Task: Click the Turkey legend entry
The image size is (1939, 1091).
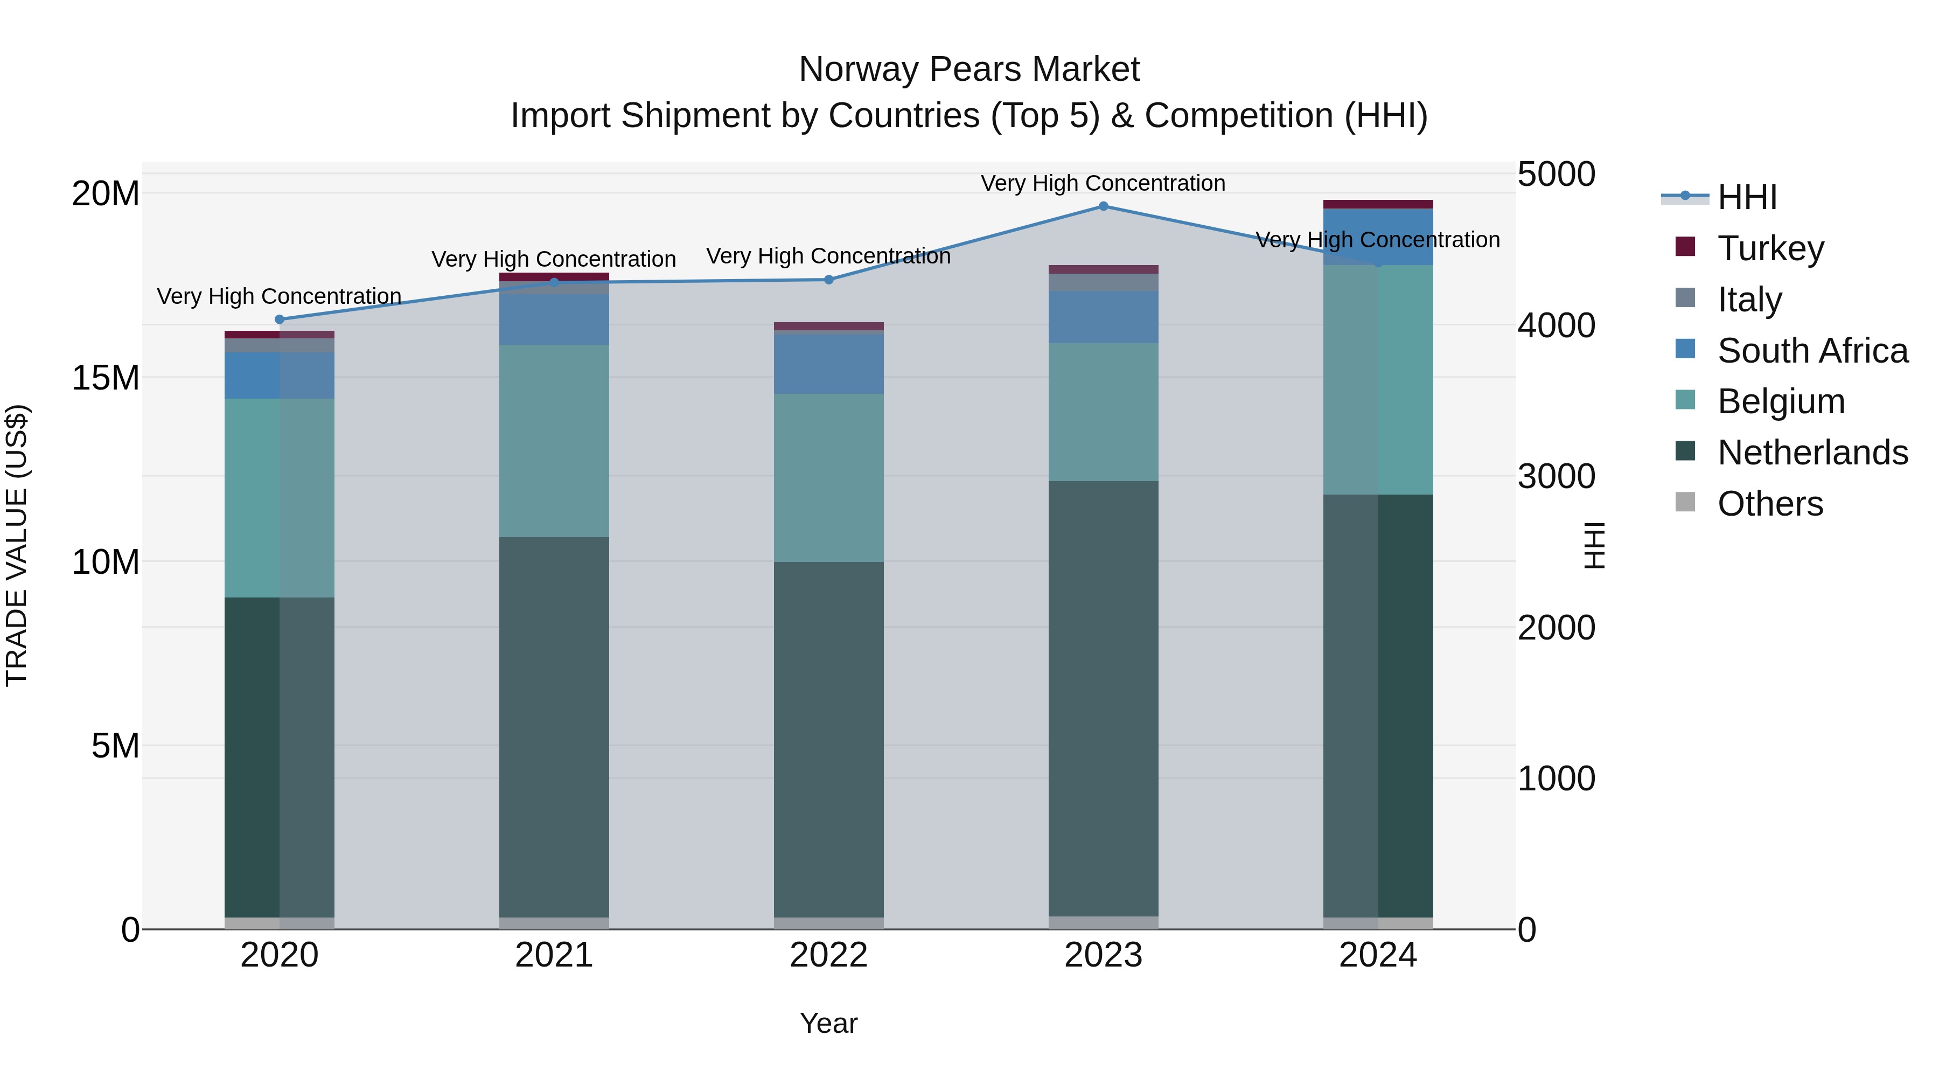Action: tap(1770, 248)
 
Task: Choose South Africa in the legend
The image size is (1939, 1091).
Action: tap(1812, 350)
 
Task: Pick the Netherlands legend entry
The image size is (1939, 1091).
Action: tap(1812, 453)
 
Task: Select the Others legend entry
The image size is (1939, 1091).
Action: tap(1770, 504)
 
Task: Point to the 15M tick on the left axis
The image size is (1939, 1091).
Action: tap(106, 378)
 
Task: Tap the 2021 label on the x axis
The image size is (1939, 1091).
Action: tap(554, 955)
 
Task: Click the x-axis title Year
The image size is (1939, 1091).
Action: tap(829, 1023)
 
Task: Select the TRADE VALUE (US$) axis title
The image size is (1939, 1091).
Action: tap(17, 545)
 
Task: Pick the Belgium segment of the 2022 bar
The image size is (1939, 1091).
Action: tap(829, 477)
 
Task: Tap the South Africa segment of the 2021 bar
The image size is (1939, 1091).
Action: tap(554, 319)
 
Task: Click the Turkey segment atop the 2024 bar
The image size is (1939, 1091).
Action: tap(1378, 204)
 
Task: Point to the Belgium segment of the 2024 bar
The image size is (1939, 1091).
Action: tap(1378, 379)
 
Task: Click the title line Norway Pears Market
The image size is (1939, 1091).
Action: tap(969, 70)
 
